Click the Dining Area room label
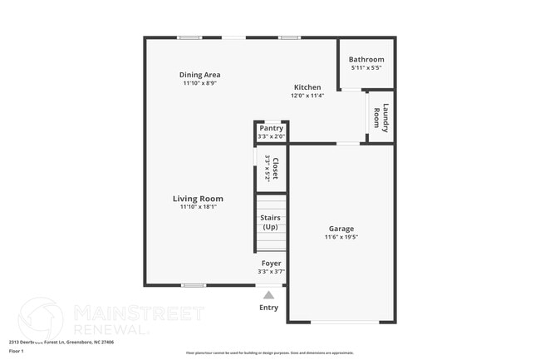200,75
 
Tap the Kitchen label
307,87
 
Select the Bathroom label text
366,59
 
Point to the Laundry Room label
380,117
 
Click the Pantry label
271,128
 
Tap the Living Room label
198,199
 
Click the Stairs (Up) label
271,222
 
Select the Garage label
341,229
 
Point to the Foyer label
271,263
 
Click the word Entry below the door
269,308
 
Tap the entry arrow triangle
268,294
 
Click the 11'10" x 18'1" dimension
198,208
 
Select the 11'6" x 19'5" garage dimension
341,238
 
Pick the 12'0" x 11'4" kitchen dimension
307,96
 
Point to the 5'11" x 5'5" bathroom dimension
366,68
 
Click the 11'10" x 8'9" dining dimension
200,83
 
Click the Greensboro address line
61,342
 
